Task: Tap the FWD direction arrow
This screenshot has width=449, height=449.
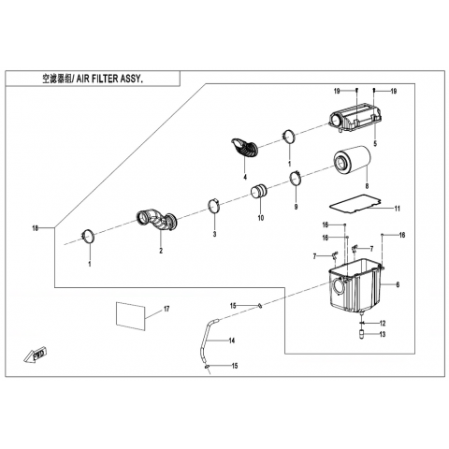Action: pyautogui.click(x=35, y=355)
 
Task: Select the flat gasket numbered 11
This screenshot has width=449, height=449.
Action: pyautogui.click(x=355, y=204)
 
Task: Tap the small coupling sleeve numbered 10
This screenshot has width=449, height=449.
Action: pyautogui.click(x=259, y=192)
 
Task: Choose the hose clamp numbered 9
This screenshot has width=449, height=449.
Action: pyautogui.click(x=296, y=179)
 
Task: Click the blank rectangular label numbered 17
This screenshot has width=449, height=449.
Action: pyautogui.click(x=131, y=315)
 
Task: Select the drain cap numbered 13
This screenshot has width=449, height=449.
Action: pyautogui.click(x=362, y=335)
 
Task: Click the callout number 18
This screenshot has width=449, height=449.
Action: pyautogui.click(x=36, y=228)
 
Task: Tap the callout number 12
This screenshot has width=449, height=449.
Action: pyautogui.click(x=383, y=323)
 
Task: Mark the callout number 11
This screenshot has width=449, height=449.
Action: pyautogui.click(x=397, y=209)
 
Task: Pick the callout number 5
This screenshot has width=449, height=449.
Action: pyautogui.click(x=375, y=143)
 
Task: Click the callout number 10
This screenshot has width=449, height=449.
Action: pyautogui.click(x=261, y=218)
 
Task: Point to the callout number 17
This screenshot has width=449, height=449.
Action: pyautogui.click(x=167, y=309)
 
